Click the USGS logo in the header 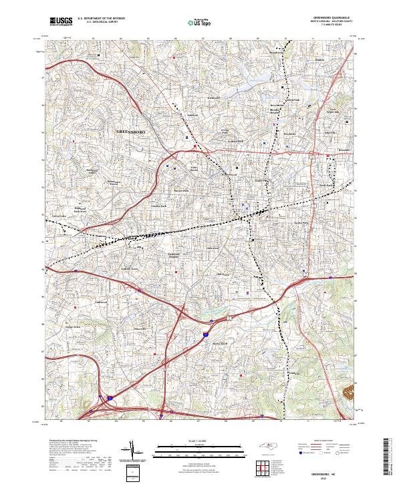(x=60, y=21)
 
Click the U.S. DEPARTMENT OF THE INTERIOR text (x=100, y=19)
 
